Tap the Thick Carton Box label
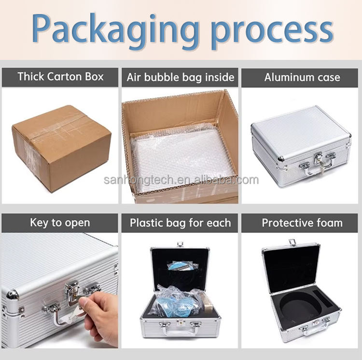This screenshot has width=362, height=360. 60,77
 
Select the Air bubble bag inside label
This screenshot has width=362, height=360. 180,77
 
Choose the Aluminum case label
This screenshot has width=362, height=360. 302,77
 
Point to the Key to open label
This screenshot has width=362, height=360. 60,223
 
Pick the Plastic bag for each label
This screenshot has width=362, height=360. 180,223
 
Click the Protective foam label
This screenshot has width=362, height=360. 302,223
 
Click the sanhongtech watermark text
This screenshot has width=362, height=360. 181,181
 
